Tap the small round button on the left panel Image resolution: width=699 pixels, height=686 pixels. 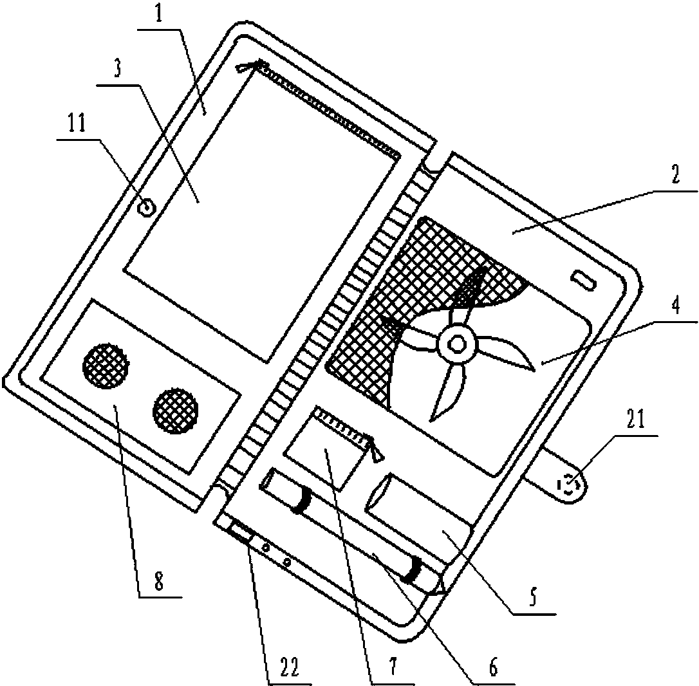(x=147, y=208)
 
